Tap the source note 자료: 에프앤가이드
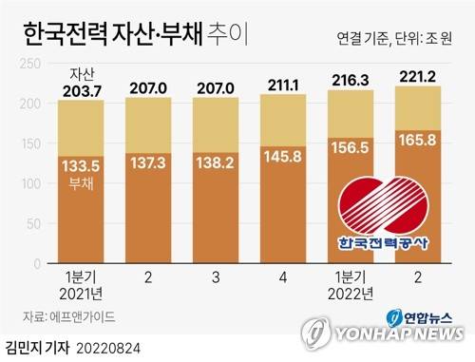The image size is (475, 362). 70,316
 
